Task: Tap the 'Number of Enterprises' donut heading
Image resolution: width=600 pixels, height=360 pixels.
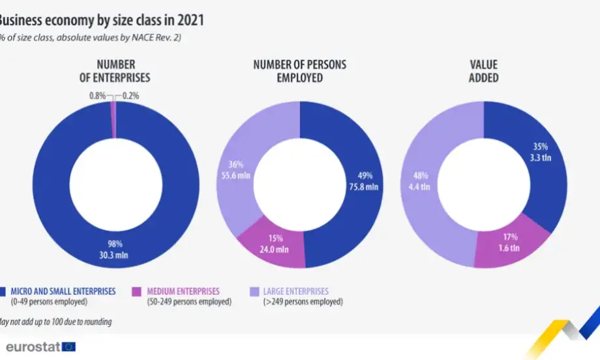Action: click(x=115, y=70)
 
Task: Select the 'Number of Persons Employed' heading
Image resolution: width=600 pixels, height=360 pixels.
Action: click(x=299, y=70)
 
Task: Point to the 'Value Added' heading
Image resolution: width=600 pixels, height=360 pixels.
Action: click(x=483, y=70)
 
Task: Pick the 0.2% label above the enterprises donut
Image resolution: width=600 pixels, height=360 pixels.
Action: click(x=130, y=95)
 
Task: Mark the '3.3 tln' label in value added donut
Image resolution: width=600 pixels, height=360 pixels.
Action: click(x=541, y=157)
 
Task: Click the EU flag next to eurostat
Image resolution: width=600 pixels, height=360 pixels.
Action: click(x=68, y=346)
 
